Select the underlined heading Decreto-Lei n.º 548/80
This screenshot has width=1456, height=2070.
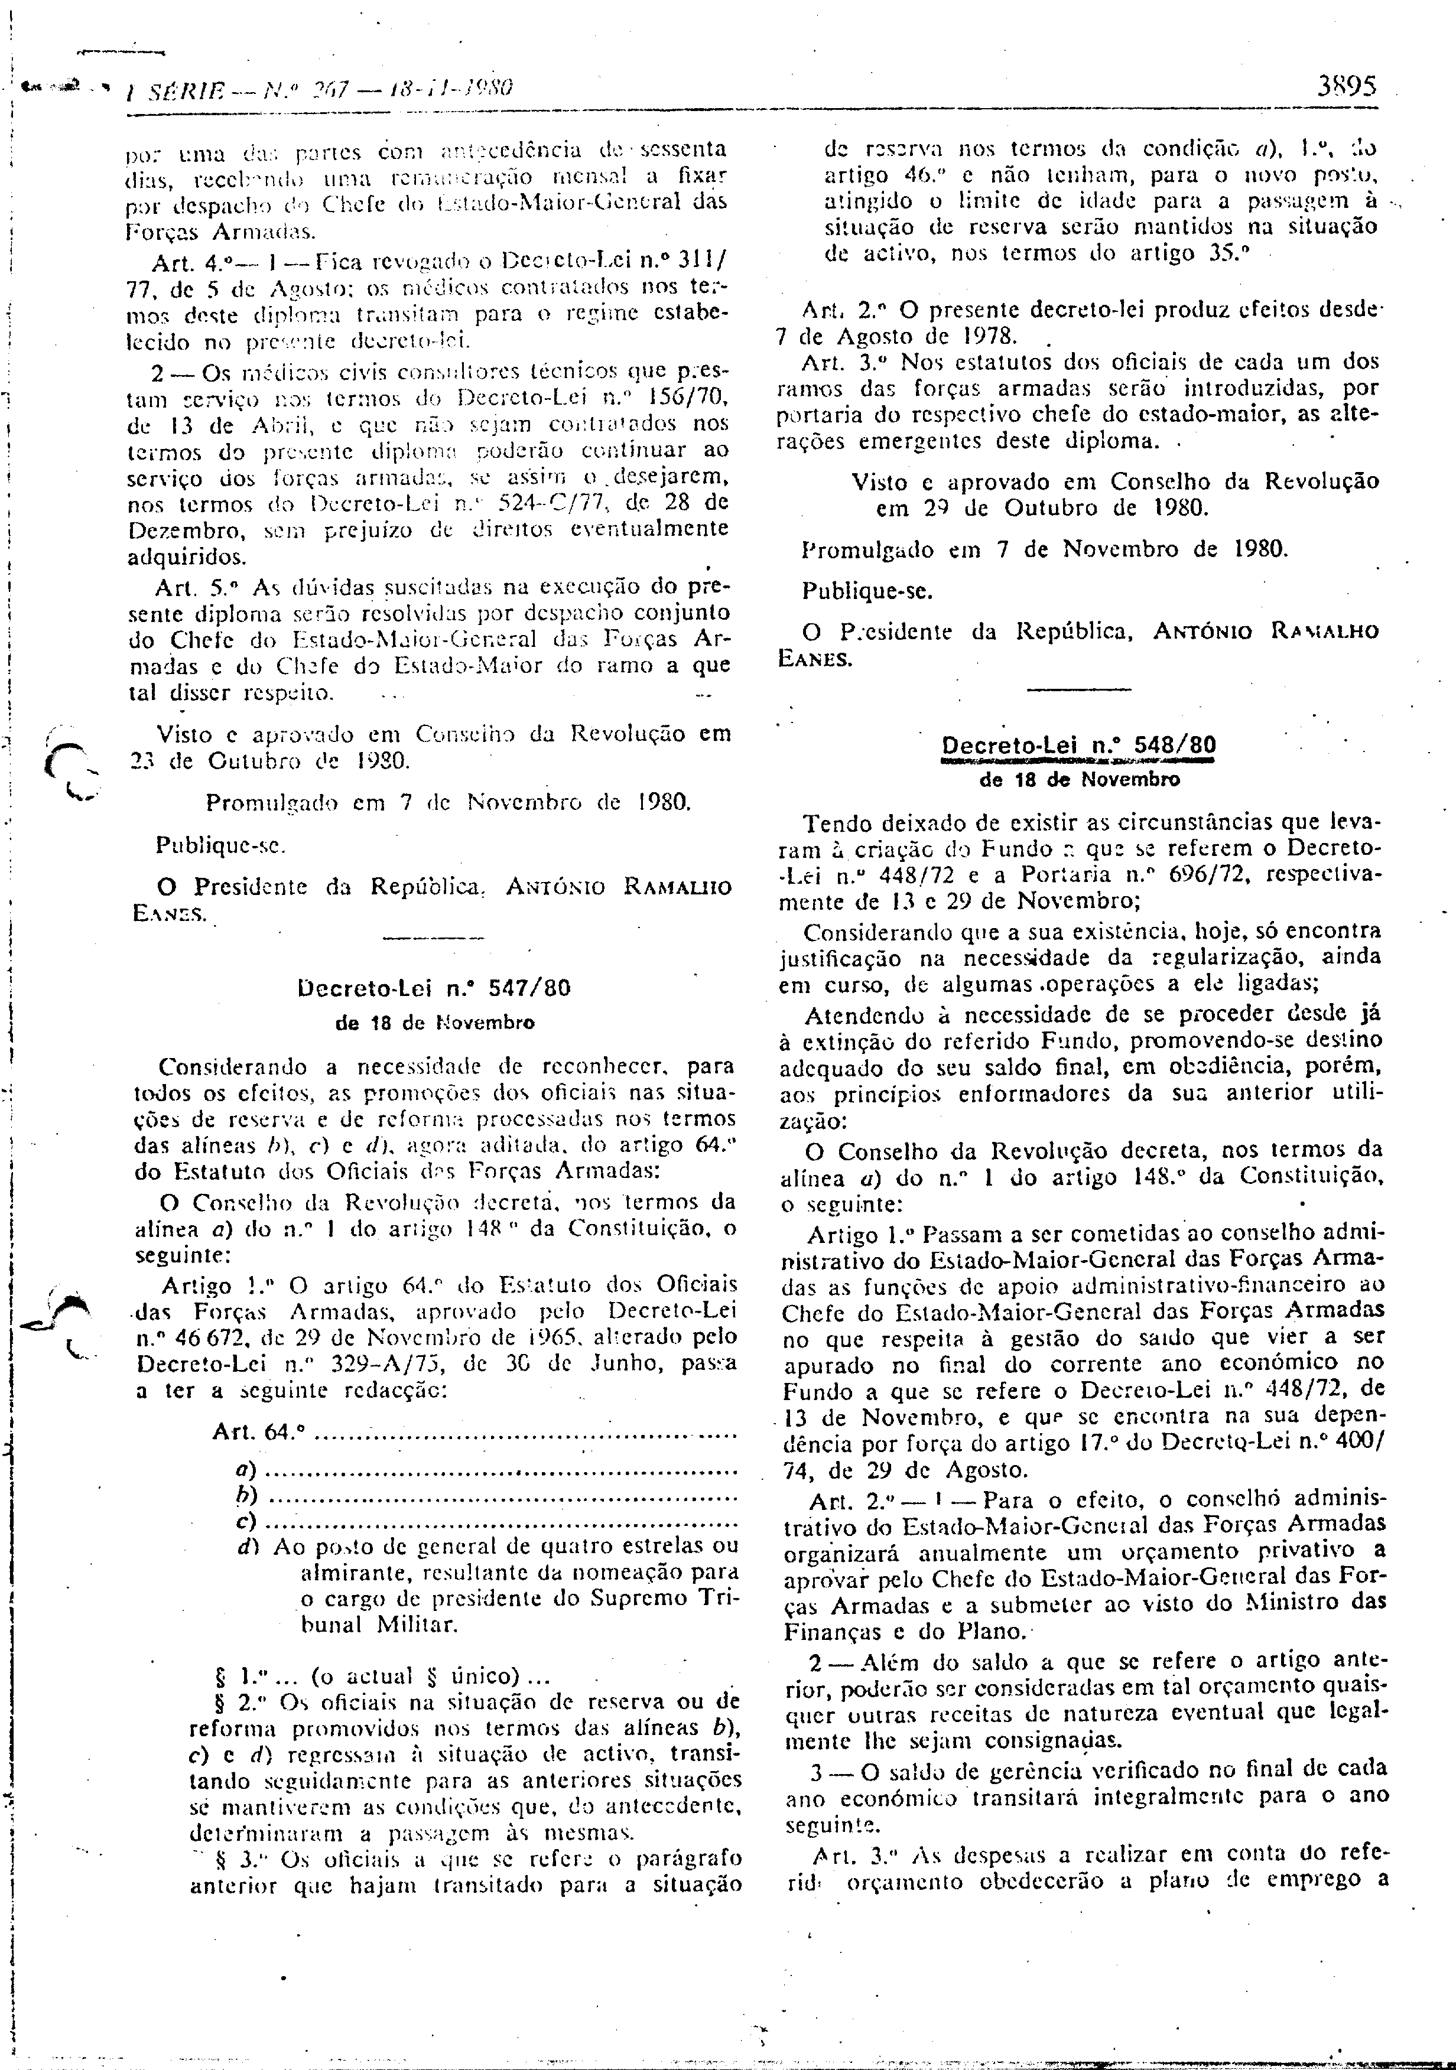[x=1078, y=746]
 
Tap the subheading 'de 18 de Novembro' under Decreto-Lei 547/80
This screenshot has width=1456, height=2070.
[x=434, y=1023]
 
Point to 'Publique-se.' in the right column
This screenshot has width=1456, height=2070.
[x=867, y=591]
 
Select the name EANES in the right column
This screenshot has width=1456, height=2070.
[x=814, y=658]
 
